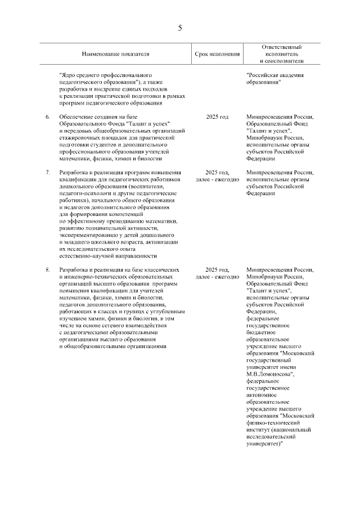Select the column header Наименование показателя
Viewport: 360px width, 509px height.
point(116,54)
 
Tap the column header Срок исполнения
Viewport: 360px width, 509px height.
point(217,54)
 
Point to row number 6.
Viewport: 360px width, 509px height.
point(48,116)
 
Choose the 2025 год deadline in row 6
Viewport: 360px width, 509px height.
point(217,116)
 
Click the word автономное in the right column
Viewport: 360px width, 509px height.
point(263,395)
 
